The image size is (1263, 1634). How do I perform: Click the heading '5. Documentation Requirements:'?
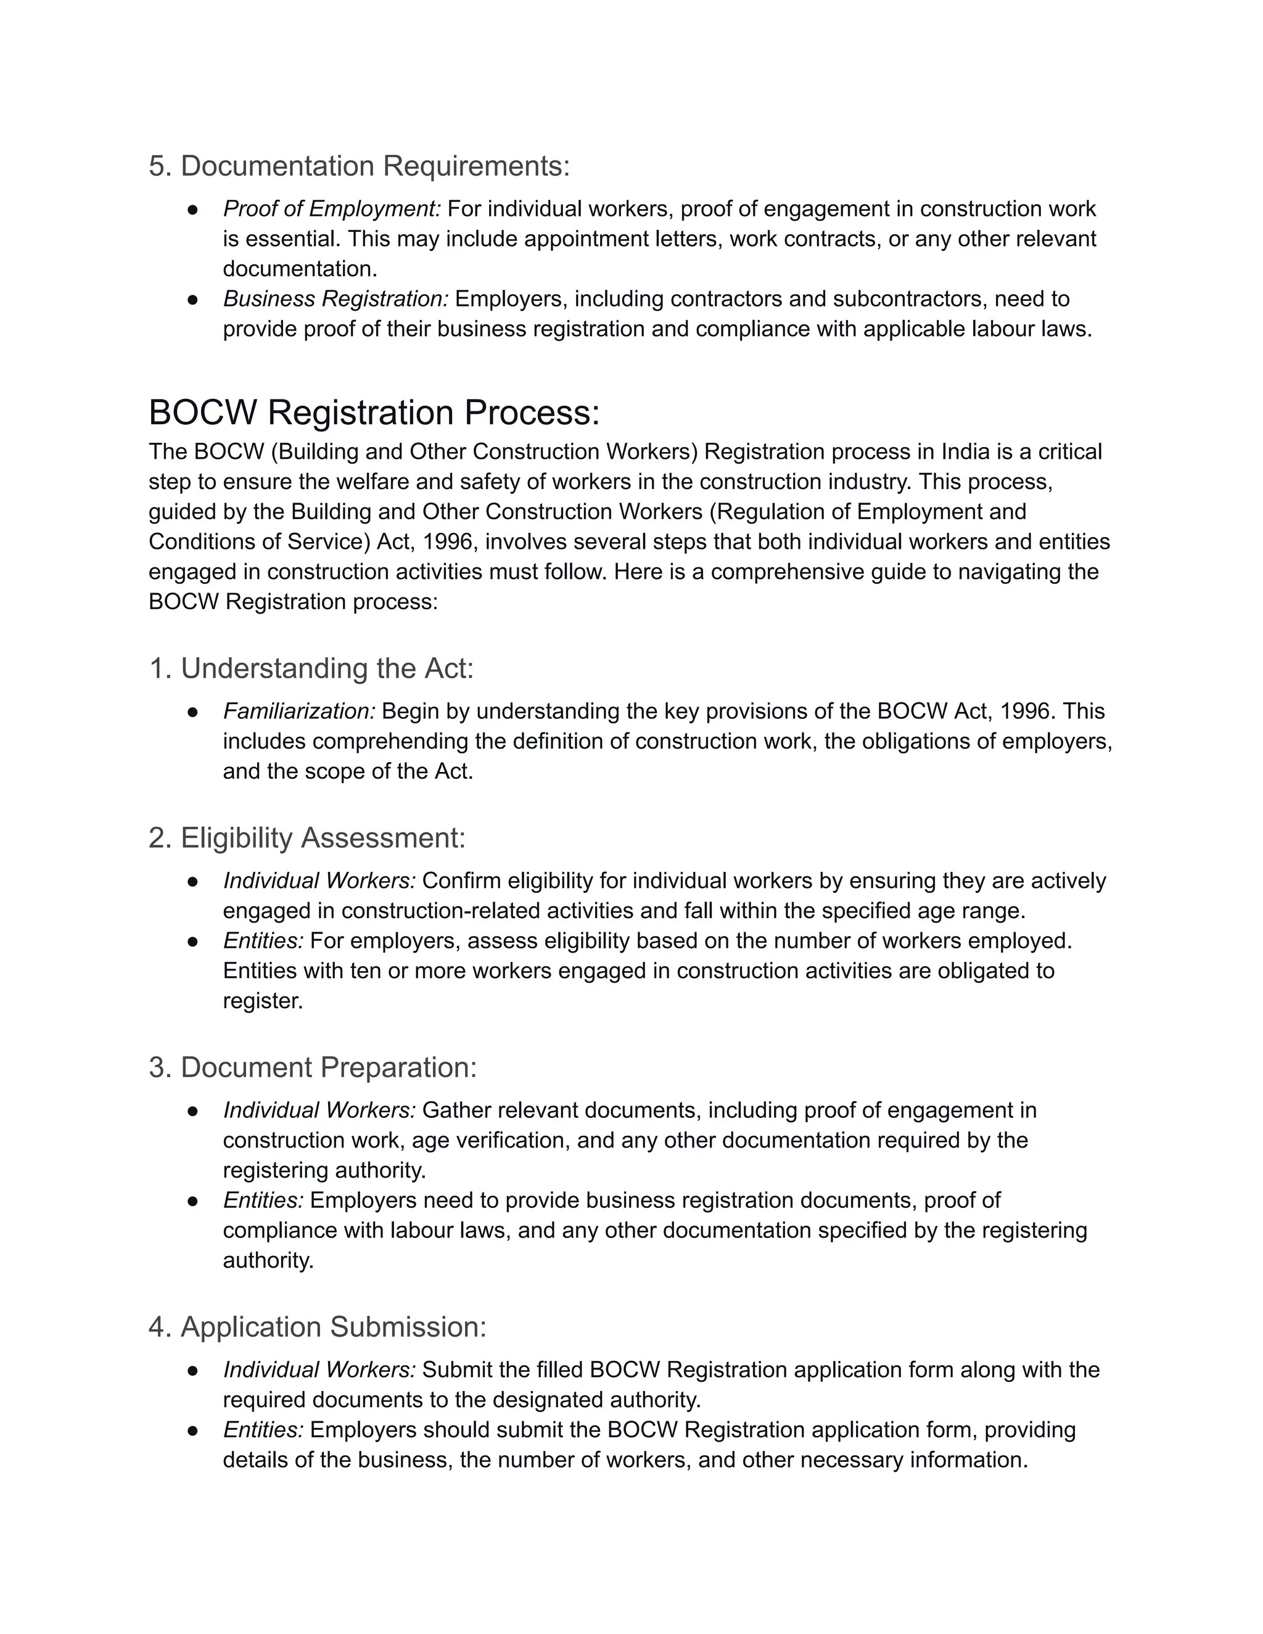point(359,166)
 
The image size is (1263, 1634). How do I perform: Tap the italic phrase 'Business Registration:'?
point(336,298)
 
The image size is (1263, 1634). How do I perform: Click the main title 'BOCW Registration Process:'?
point(374,413)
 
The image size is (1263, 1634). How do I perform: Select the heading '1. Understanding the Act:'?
point(311,668)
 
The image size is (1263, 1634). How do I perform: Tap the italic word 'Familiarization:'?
point(299,711)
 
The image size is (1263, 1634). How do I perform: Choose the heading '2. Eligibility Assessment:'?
point(306,838)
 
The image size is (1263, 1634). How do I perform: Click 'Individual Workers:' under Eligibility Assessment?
point(319,881)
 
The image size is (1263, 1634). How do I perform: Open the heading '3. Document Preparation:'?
point(313,1067)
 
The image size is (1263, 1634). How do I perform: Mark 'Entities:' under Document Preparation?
point(263,1200)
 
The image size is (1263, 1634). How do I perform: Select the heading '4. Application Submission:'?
point(317,1326)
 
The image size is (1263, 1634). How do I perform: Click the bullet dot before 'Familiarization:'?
point(192,712)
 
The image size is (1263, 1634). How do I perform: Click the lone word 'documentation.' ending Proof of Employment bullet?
point(300,269)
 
